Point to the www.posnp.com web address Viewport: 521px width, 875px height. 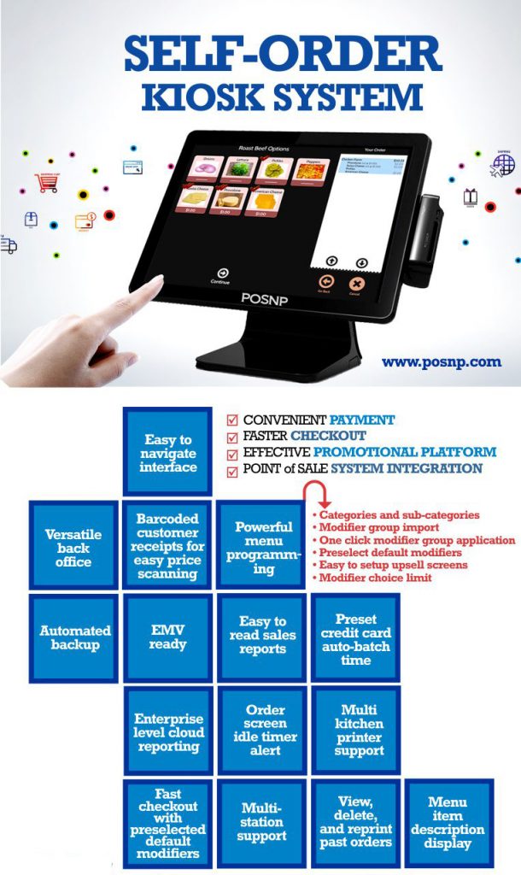442,361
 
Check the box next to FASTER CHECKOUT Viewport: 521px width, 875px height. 232,436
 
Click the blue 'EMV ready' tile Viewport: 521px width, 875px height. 167,637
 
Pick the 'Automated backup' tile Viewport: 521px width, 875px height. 74,637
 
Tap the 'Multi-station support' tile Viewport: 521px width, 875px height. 261,822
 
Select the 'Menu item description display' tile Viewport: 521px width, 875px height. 448,822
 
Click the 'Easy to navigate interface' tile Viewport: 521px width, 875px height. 167,453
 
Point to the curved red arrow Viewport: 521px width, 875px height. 318,495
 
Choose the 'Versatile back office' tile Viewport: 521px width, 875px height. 74,544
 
